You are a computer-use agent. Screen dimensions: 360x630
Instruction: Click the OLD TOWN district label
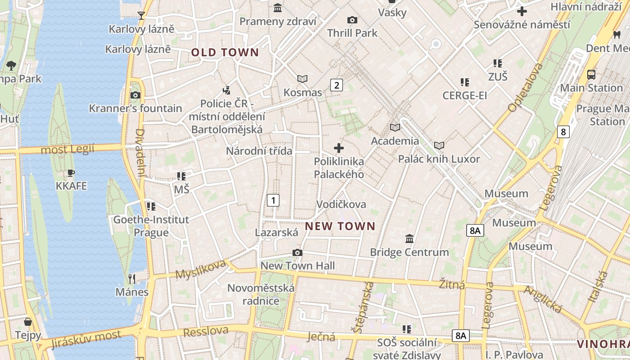click(x=225, y=53)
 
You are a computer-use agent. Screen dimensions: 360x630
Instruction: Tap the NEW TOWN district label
click(x=340, y=226)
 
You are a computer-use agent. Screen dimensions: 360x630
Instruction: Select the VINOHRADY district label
click(x=603, y=344)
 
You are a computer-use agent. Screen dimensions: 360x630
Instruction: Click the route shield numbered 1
click(x=273, y=200)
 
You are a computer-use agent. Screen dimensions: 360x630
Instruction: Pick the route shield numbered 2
click(x=337, y=85)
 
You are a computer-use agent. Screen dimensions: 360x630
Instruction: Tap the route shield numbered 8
click(x=563, y=132)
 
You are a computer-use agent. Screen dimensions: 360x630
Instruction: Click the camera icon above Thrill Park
click(x=352, y=20)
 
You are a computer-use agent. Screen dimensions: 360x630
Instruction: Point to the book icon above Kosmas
click(x=302, y=79)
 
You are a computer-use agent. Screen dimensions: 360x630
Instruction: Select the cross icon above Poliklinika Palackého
click(x=339, y=148)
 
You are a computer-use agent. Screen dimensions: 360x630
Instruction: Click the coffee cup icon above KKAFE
click(x=71, y=173)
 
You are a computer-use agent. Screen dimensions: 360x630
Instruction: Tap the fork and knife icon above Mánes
click(x=132, y=279)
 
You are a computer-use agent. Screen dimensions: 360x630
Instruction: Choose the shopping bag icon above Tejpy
click(x=28, y=322)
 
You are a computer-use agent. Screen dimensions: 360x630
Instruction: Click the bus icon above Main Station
click(x=591, y=75)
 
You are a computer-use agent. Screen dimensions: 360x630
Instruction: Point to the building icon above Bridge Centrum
click(x=409, y=238)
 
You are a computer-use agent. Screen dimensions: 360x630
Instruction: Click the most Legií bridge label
click(x=67, y=149)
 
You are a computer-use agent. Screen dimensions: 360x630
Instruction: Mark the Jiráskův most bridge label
click(x=86, y=339)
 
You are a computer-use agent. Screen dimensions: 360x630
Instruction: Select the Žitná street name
click(x=452, y=284)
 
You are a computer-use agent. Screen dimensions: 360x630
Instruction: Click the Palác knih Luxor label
click(x=439, y=159)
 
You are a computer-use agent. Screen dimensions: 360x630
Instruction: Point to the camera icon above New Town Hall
click(x=297, y=252)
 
